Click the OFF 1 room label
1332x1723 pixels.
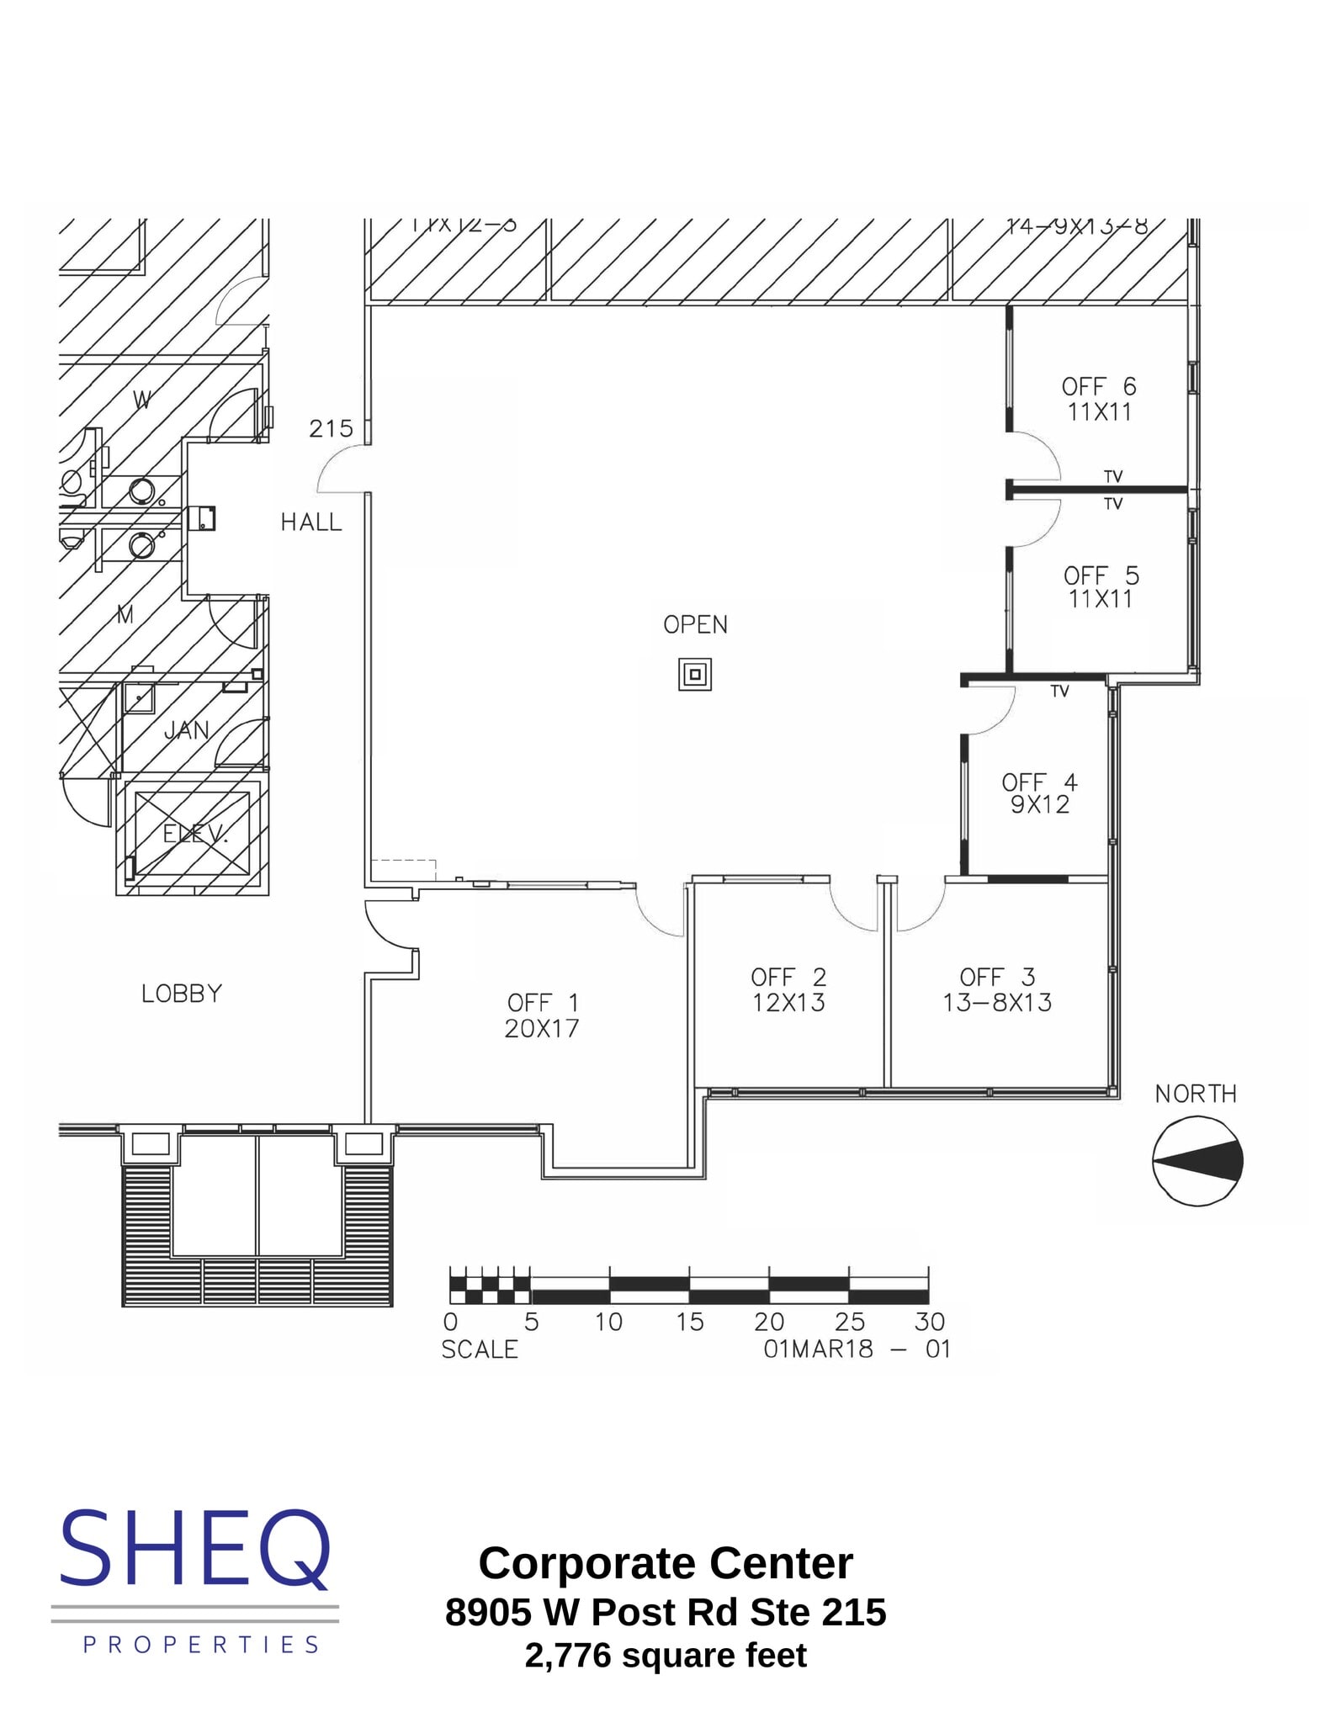tap(542, 1002)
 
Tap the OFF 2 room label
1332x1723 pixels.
tap(788, 977)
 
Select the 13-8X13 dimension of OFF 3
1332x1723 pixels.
tap(997, 1003)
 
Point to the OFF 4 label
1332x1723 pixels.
tap(1039, 782)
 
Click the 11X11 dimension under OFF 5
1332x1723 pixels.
tap(1100, 599)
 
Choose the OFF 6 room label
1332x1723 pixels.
tap(1099, 386)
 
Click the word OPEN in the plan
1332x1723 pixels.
tap(695, 624)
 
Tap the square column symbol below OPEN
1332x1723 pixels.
tap(695, 674)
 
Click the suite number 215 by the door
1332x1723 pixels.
tap(331, 429)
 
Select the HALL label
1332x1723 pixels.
tap(311, 522)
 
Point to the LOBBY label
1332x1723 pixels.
tap(182, 994)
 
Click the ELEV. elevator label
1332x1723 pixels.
tap(194, 834)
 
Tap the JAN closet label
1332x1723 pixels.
tap(187, 729)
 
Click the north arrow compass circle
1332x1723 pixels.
tap(1197, 1161)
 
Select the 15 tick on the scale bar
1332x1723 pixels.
tap(689, 1322)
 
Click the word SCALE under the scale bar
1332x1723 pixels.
tap(480, 1349)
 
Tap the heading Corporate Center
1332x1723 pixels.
tap(666, 1563)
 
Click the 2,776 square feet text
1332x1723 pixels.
tap(666, 1655)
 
